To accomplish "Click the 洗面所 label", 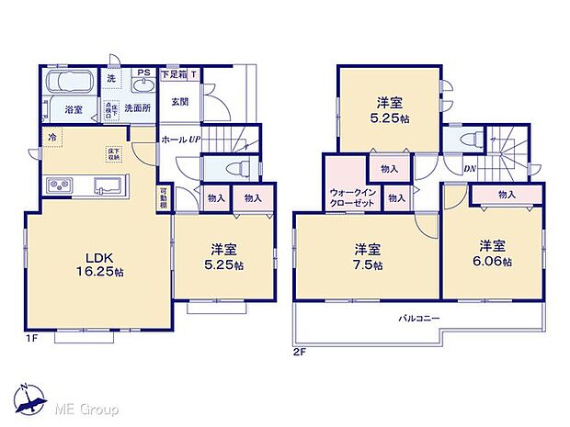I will pyautogui.click(x=137, y=108).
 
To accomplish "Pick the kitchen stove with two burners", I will pyautogui.click(x=59, y=186).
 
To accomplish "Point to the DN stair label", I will pyautogui.click(x=470, y=168).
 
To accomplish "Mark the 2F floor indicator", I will pyautogui.click(x=300, y=352).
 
